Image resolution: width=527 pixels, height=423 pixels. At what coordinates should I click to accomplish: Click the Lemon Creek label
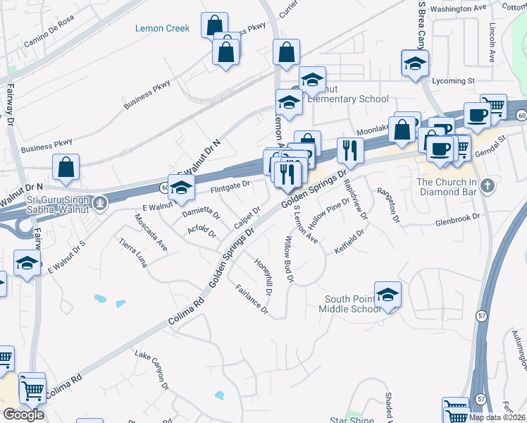tap(162, 28)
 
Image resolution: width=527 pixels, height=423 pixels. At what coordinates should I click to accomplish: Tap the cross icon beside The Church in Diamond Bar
tap(487, 187)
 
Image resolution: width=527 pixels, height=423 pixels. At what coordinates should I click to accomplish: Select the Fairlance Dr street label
tap(252, 298)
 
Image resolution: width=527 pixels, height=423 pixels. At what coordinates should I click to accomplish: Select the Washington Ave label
tap(458, 8)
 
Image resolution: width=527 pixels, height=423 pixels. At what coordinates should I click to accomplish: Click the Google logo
tap(23, 415)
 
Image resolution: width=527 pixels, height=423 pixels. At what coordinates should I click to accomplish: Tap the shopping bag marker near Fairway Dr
tap(66, 167)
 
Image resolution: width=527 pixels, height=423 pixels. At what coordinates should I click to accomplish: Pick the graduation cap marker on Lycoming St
tap(415, 63)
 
